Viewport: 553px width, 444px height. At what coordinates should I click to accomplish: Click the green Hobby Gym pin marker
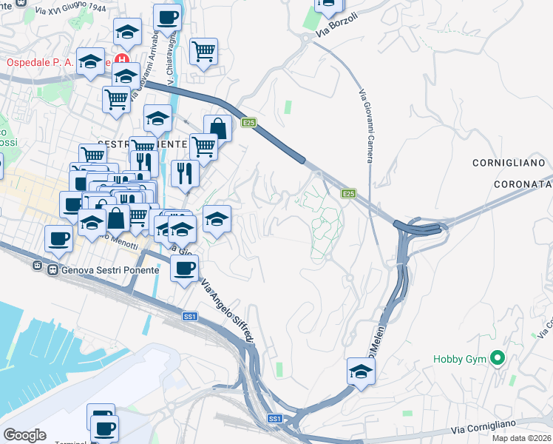coord(497,360)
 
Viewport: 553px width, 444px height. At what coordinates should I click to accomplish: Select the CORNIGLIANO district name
coord(508,161)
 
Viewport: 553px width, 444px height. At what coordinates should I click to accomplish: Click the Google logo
coord(24,434)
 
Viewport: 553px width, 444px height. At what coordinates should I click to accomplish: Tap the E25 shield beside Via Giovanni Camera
coord(350,194)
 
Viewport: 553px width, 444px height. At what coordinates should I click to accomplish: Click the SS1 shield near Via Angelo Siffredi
coord(190,317)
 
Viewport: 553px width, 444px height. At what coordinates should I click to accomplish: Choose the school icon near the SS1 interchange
coord(361,371)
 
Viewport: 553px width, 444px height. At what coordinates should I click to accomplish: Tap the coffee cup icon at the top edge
coord(166,16)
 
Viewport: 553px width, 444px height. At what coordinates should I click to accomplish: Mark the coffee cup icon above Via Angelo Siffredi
coord(184,268)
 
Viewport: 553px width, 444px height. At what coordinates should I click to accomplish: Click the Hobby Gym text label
coord(460,360)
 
